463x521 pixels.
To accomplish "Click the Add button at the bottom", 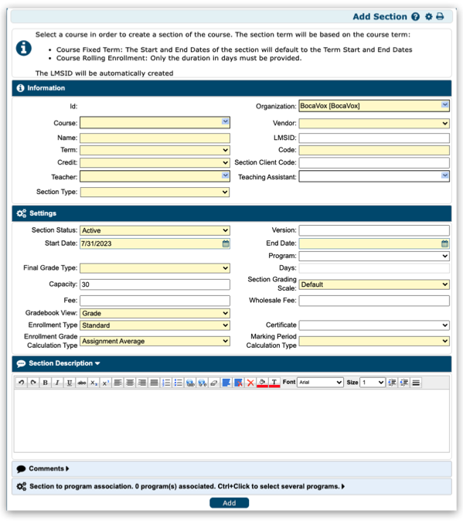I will pyautogui.click(x=229, y=503).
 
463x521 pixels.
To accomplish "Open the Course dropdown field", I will pyautogui.click(x=155, y=122).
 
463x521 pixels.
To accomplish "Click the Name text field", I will pyautogui.click(x=155, y=138).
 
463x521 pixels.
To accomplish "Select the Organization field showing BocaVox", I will pyautogui.click(x=374, y=106).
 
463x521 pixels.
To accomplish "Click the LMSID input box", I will pyautogui.click(x=374, y=138).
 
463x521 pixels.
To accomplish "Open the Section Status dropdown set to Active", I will pyautogui.click(x=155, y=230).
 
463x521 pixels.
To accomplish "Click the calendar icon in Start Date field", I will pyautogui.click(x=226, y=243).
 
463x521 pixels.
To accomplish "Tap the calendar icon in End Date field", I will pyautogui.click(x=444, y=243).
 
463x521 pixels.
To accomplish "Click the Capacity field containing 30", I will pyautogui.click(x=155, y=284).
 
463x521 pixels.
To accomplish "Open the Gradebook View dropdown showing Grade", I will pyautogui.click(x=155, y=313).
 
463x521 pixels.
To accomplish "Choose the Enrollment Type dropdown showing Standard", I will pyautogui.click(x=155, y=325).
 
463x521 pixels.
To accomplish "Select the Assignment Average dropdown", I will pyautogui.click(x=155, y=341).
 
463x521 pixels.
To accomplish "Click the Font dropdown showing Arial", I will pyautogui.click(x=320, y=383).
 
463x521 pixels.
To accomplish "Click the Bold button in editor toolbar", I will pyautogui.click(x=45, y=383).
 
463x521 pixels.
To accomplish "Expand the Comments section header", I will pyautogui.click(x=48, y=468).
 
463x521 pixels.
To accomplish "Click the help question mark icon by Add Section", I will pyautogui.click(x=416, y=16).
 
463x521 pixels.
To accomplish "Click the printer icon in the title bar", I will pyautogui.click(x=441, y=16).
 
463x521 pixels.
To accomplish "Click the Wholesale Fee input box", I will pyautogui.click(x=374, y=301).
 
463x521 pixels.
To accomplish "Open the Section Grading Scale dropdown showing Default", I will pyautogui.click(x=374, y=284).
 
